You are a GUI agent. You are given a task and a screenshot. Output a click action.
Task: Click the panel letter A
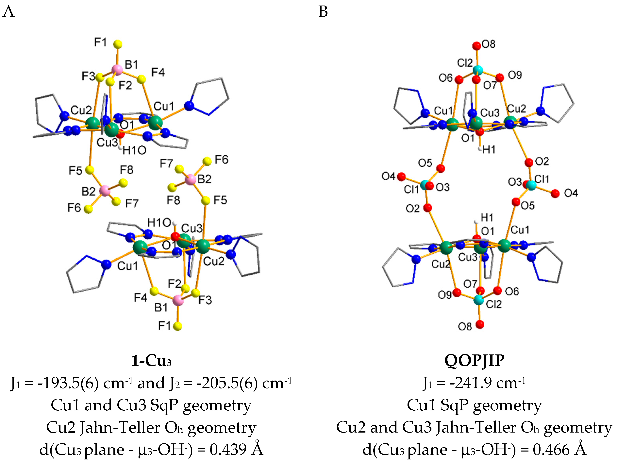(8, 12)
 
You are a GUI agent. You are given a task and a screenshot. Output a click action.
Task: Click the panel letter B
(323, 12)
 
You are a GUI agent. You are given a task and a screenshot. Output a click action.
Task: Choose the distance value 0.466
(551, 449)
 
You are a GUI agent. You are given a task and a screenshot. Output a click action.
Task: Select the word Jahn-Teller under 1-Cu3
(120, 427)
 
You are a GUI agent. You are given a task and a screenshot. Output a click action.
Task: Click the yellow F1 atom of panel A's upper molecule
(118, 44)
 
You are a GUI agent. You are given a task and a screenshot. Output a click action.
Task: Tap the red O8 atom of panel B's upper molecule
(477, 45)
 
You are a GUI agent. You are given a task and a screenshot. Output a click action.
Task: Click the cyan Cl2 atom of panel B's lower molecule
(479, 300)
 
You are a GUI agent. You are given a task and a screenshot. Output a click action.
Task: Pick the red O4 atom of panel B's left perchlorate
(401, 176)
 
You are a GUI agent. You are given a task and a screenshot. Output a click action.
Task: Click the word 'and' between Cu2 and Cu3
(384, 427)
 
